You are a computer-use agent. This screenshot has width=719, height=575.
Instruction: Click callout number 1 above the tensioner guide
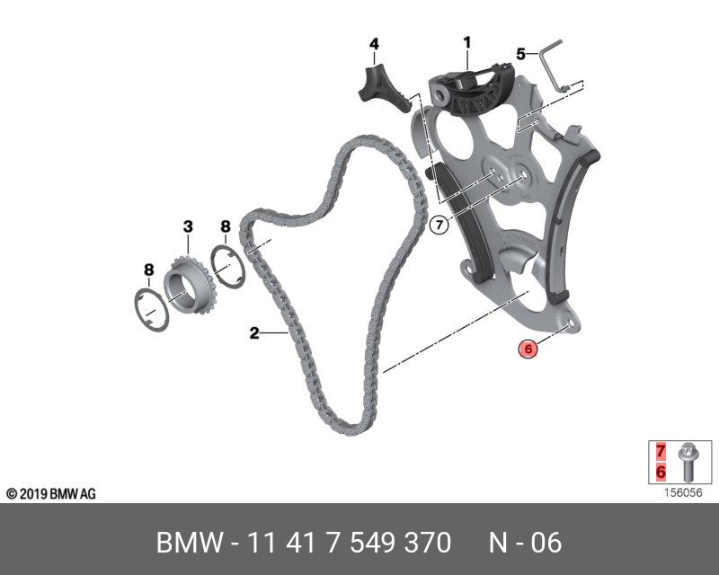click(x=466, y=43)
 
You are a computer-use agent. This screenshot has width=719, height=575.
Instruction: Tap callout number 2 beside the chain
click(x=254, y=332)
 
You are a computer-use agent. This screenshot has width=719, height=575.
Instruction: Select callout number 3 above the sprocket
click(x=188, y=226)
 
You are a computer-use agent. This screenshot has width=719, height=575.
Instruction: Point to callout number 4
click(x=374, y=44)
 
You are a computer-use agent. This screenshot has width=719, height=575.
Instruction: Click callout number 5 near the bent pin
click(x=520, y=54)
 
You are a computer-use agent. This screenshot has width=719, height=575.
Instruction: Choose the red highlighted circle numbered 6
click(x=528, y=349)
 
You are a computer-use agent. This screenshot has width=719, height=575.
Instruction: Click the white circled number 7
click(x=439, y=226)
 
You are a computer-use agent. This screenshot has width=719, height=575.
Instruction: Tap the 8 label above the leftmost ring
click(x=148, y=270)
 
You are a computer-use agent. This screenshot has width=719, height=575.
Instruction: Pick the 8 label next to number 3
click(x=226, y=226)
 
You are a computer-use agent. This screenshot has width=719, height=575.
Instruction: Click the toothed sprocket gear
click(x=190, y=285)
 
